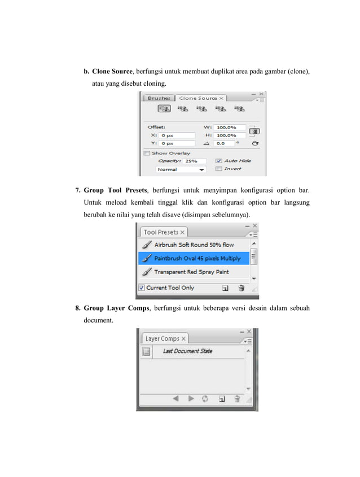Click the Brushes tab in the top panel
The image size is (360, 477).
[159, 98]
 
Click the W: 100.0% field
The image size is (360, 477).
[229, 127]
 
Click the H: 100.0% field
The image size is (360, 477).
[229, 135]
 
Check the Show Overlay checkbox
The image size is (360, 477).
[147, 153]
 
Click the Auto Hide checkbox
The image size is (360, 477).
[219, 161]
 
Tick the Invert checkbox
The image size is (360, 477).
[219, 169]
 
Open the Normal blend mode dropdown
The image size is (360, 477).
[181, 169]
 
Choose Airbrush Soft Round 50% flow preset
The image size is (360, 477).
[194, 245]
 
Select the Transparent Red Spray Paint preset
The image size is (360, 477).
[191, 272]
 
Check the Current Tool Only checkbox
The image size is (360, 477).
[141, 288]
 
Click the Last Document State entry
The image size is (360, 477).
[187, 351]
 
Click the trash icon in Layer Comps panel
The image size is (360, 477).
[237, 398]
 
